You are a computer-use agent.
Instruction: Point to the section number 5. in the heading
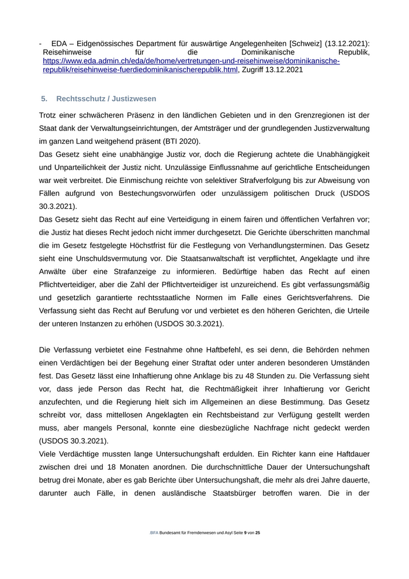(44, 99)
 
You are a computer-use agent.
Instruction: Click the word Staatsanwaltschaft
(214, 258)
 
